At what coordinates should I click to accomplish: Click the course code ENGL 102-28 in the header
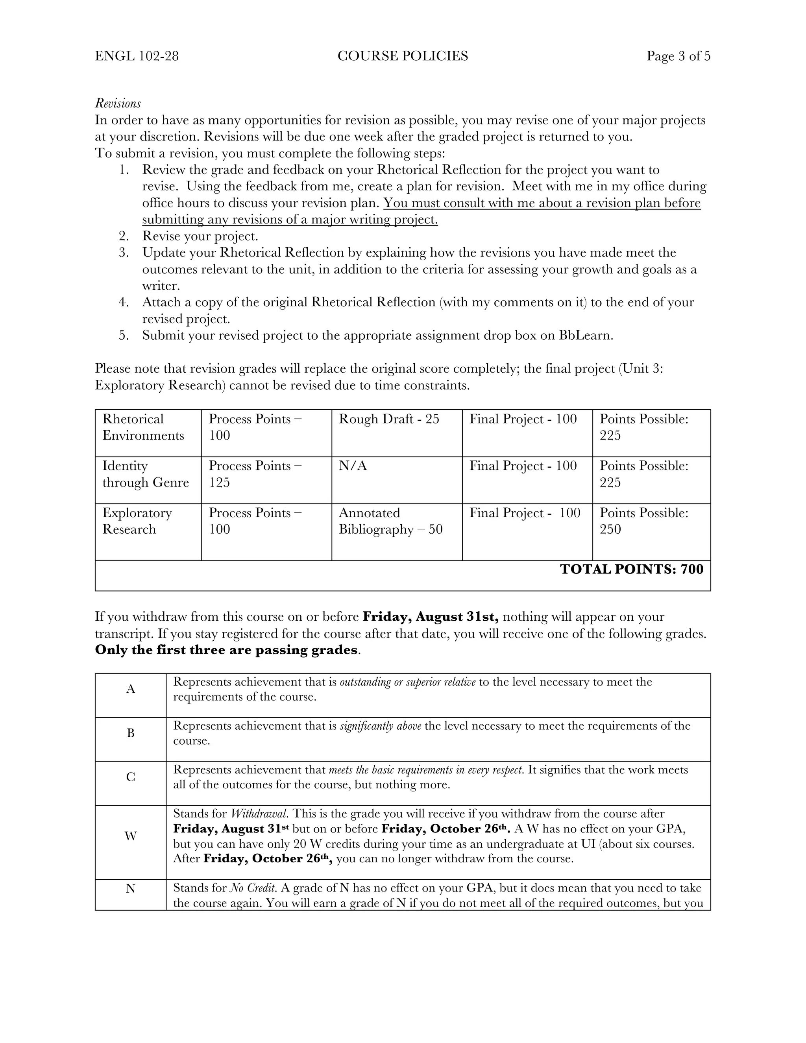click(x=137, y=56)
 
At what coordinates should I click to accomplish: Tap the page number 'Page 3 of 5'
click(x=678, y=56)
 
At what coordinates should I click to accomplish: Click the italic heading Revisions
click(x=118, y=103)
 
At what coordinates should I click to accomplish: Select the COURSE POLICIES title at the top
click(x=403, y=56)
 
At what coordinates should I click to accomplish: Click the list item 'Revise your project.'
click(x=200, y=236)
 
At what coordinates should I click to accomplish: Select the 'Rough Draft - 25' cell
click(x=389, y=419)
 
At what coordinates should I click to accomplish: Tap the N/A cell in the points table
click(x=353, y=466)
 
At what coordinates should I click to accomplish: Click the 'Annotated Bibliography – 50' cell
click(x=390, y=521)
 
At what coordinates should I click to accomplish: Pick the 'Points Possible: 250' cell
click(x=643, y=521)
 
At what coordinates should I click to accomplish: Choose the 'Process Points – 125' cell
click(x=255, y=474)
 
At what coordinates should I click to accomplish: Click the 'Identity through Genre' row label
click(x=145, y=474)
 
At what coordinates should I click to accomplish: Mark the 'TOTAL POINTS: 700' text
click(x=631, y=569)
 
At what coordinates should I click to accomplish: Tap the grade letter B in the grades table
click(x=130, y=733)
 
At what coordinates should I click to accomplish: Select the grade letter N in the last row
click(x=130, y=888)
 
